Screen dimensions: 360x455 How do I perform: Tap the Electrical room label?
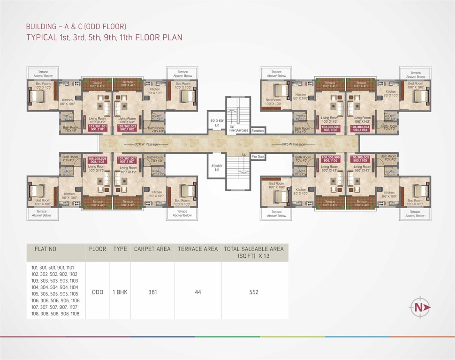click(258, 130)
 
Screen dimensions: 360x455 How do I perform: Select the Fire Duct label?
click(258, 156)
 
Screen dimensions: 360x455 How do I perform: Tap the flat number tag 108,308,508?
click(97, 160)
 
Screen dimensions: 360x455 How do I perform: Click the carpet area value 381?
click(152, 292)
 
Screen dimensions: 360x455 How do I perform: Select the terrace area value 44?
click(197, 292)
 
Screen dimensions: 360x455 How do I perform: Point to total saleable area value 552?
click(254, 292)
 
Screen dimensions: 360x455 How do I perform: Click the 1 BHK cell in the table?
click(120, 292)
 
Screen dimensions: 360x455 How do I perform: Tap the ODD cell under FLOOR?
click(98, 292)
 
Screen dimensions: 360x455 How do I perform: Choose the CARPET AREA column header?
click(152, 249)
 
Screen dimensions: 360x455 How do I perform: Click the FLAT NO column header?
click(46, 249)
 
